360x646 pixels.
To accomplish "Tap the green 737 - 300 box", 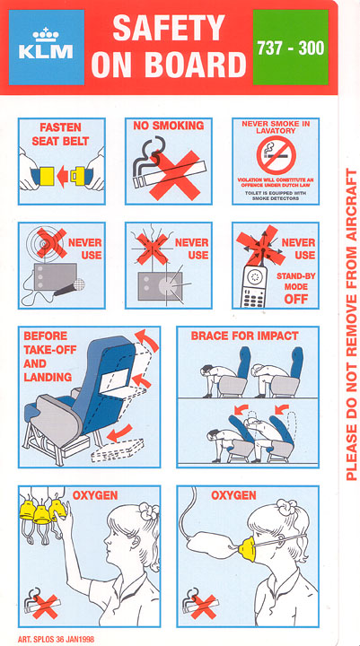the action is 290,48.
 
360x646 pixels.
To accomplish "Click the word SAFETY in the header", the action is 169,27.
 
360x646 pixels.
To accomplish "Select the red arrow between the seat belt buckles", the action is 62,176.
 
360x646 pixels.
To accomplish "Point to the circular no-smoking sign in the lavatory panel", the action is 276,155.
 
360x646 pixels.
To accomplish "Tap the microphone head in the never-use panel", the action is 78,284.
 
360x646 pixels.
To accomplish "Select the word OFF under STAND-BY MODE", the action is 295,298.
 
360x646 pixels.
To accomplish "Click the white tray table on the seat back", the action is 114,380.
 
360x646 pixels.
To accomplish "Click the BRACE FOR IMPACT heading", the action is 244,336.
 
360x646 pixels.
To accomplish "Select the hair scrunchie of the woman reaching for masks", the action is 148,511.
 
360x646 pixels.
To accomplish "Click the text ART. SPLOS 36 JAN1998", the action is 56,640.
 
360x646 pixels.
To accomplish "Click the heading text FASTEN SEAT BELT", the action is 60,135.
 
